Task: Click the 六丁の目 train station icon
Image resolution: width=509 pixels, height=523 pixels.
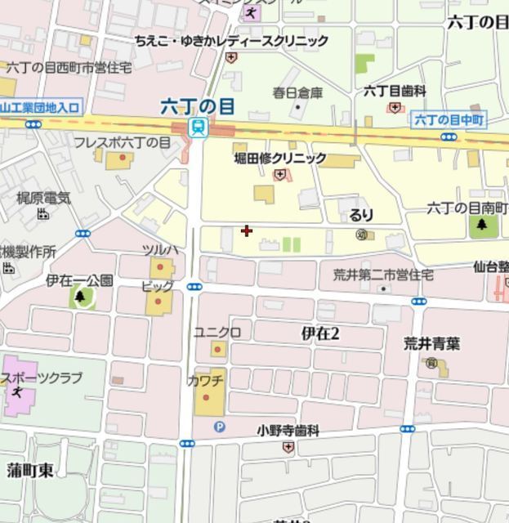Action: pos(197,127)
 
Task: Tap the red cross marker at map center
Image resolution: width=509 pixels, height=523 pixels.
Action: pos(247,231)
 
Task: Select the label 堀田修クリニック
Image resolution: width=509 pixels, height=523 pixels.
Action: pos(279,158)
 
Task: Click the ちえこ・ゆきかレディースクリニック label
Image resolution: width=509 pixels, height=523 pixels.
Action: pos(231,41)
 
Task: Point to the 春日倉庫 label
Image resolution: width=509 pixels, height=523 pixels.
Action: pos(298,92)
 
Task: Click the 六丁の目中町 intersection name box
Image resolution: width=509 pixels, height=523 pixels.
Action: pos(449,120)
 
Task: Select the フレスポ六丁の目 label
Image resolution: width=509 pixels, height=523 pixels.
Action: pos(122,142)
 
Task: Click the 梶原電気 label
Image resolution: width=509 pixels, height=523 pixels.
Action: pos(44,198)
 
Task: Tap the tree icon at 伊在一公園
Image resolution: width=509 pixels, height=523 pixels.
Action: pos(80,297)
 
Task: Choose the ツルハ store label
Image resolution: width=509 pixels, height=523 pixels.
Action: pos(159,249)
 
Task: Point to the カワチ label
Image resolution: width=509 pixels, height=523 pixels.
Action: pos(205,381)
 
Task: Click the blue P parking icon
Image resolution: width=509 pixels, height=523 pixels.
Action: pos(218,426)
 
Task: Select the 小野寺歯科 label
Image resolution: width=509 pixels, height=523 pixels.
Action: pos(288,429)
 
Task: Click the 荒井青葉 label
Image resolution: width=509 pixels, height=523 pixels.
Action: pos(431,344)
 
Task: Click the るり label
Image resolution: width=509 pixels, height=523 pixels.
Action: pos(360,215)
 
